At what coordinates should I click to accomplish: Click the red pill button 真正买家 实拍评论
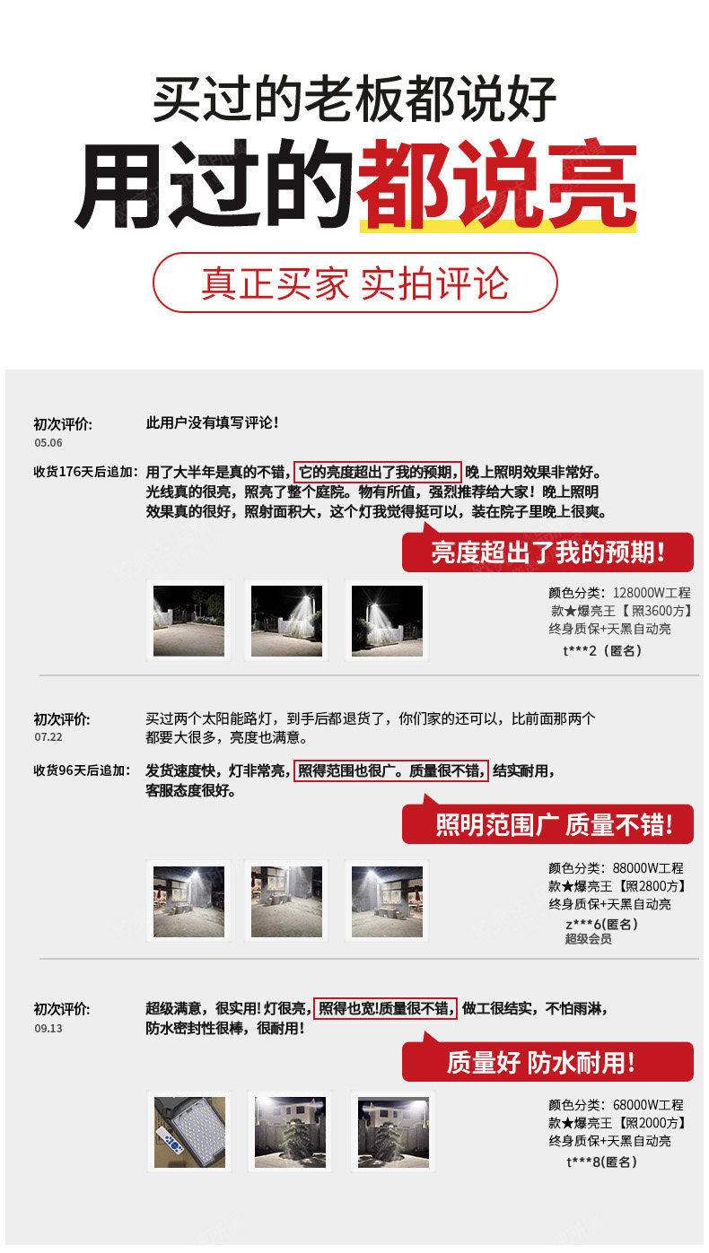pyautogui.click(x=354, y=283)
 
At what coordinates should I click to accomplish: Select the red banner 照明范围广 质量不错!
pyautogui.click(x=547, y=823)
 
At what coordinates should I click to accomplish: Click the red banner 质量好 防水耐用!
pyautogui.click(x=547, y=1061)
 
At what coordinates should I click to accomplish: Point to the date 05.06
pyautogui.click(x=48, y=443)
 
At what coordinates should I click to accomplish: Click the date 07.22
pyautogui.click(x=48, y=737)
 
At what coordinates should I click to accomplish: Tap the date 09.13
pyautogui.click(x=48, y=1029)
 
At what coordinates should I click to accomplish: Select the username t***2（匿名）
pyautogui.click(x=602, y=650)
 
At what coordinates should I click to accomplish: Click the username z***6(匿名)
pyautogui.click(x=601, y=924)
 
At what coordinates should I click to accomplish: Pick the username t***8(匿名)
pyautogui.click(x=601, y=1162)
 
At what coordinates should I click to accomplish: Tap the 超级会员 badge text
pyautogui.click(x=588, y=939)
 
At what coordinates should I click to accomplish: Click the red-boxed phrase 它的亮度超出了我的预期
pyautogui.click(x=378, y=472)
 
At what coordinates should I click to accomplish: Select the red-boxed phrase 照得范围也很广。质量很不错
pyautogui.click(x=390, y=770)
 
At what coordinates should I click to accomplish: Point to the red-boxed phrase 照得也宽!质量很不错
pyautogui.click(x=385, y=1008)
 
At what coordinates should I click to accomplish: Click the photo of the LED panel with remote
pyautogui.click(x=189, y=1132)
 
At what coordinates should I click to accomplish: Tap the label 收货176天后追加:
pyautogui.click(x=85, y=472)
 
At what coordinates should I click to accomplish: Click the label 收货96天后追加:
pyautogui.click(x=82, y=770)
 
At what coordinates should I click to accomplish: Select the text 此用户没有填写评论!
pyautogui.click(x=212, y=422)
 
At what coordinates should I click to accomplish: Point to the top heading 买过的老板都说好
pyautogui.click(x=354, y=99)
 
